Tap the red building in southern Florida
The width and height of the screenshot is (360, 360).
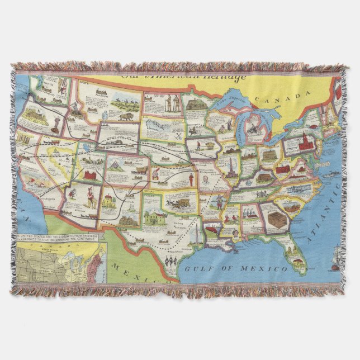(299, 259)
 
